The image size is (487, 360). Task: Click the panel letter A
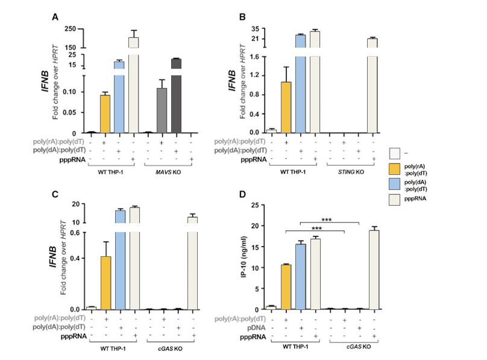tap(54, 17)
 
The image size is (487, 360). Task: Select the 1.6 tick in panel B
tap(256, 57)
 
